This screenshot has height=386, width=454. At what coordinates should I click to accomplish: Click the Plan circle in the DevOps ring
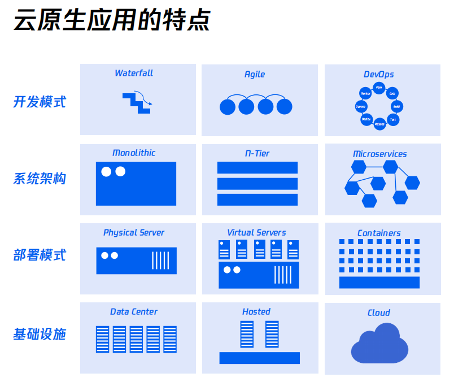pos(379,88)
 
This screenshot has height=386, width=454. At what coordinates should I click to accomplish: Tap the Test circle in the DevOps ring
pos(393,119)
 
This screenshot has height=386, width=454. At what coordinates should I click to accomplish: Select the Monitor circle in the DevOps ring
pos(365,93)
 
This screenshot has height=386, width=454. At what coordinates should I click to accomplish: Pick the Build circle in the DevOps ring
pos(396,106)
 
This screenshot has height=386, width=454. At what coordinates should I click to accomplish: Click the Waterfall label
pos(134,73)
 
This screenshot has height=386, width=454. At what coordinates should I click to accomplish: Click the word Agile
pos(255,75)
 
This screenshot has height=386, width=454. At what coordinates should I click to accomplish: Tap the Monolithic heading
pos(134,153)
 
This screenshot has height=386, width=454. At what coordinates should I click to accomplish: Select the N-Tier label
pos(256,154)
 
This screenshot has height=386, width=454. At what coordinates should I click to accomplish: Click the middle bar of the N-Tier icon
pos(257,184)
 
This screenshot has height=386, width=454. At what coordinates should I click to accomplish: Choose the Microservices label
pos(379,154)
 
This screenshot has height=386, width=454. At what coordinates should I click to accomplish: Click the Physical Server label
pos(134,233)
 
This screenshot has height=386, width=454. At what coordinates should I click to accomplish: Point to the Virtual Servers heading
pos(256,233)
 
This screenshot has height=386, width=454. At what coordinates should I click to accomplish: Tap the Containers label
pos(379,233)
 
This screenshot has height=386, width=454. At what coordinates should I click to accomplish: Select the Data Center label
pos(134,312)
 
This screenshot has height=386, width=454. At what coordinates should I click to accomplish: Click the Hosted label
pos(256,312)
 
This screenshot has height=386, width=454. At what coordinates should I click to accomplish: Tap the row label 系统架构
pos(40,179)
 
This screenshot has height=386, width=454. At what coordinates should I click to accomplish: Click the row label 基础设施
pos(40,335)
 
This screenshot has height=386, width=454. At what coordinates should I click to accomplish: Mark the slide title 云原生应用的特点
pos(112,21)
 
